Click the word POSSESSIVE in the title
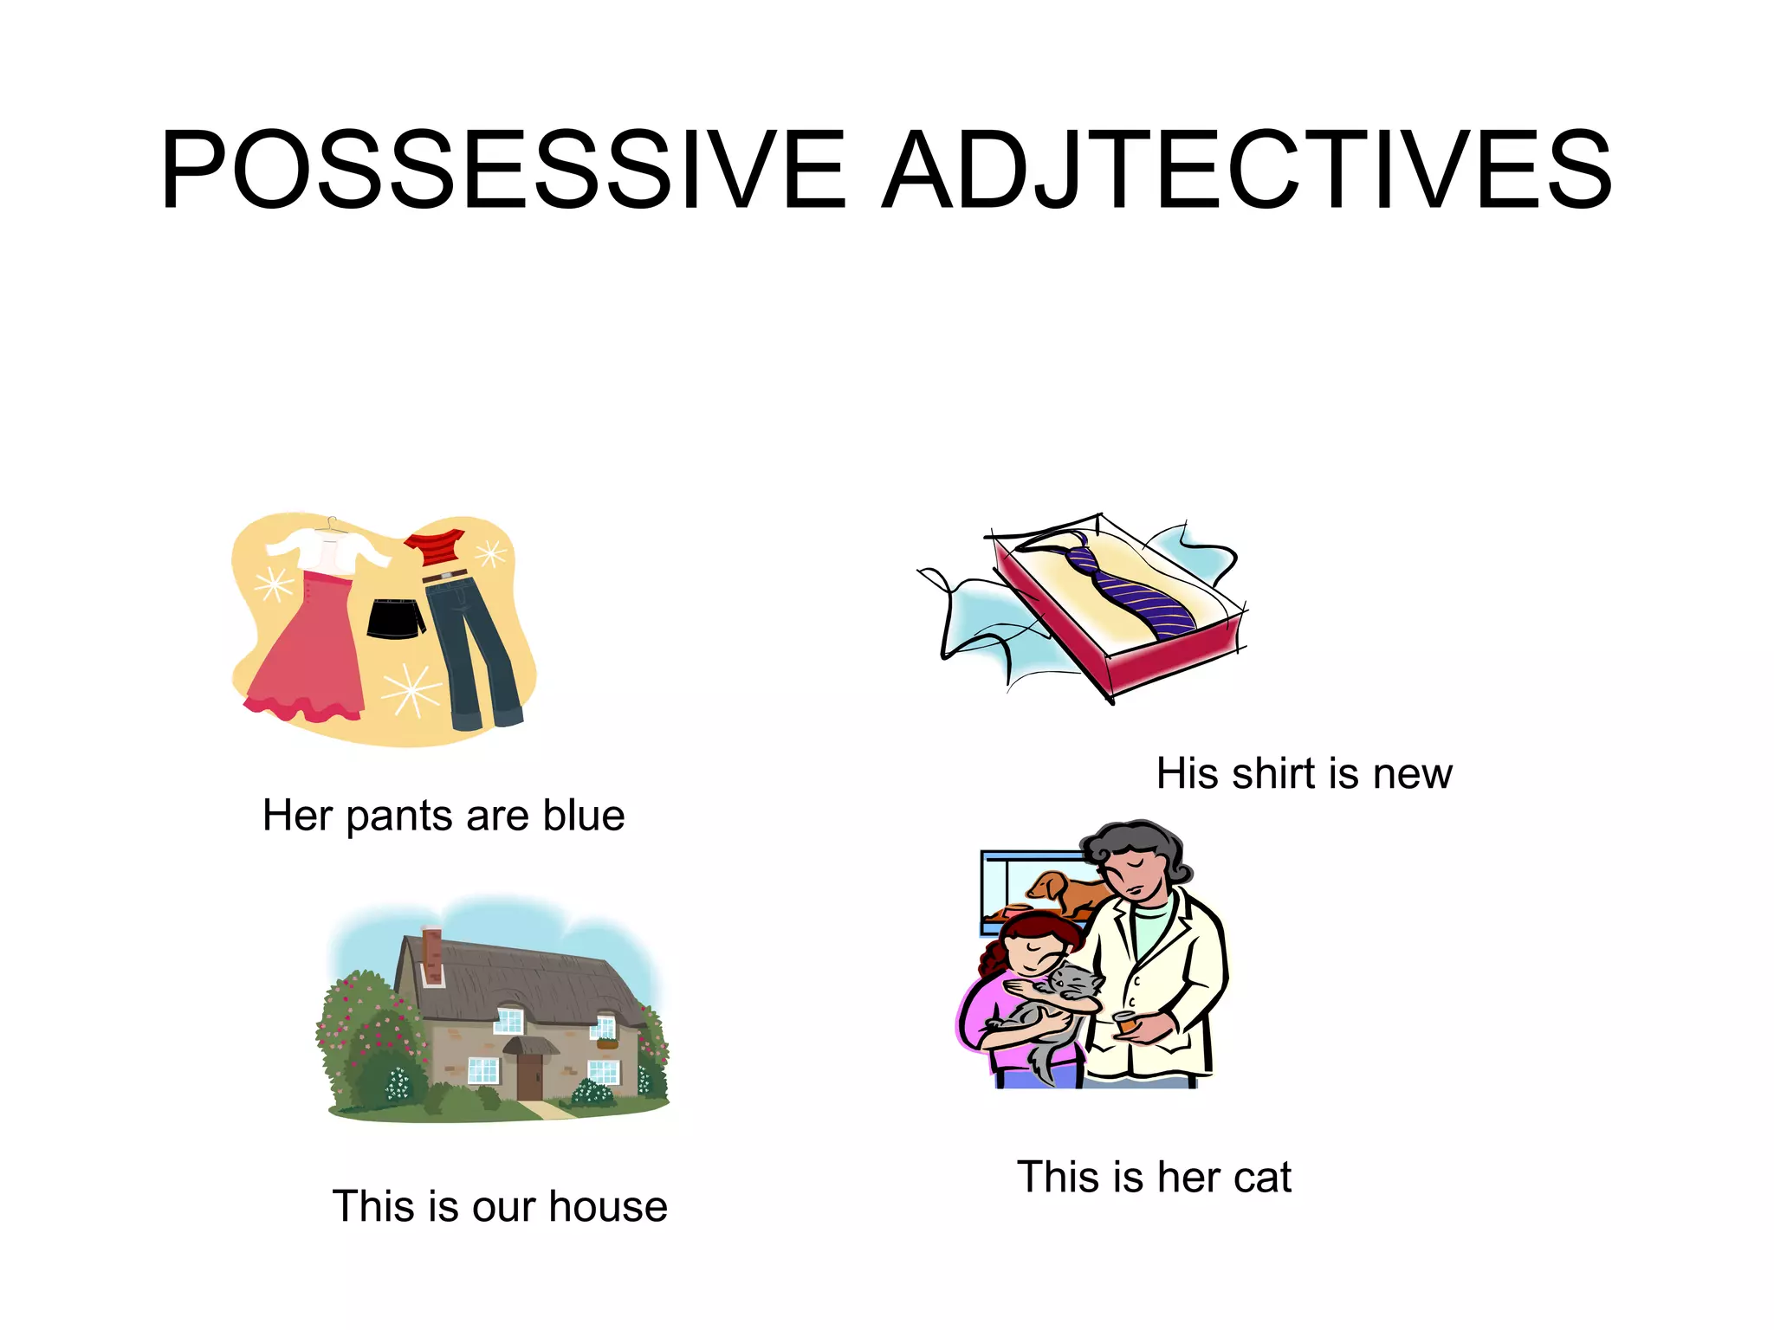[x=502, y=171]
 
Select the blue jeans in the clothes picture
[x=472, y=649]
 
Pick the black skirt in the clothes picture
[x=396, y=617]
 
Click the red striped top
[x=436, y=549]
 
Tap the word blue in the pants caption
[x=584, y=817]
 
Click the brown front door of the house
[x=528, y=1076]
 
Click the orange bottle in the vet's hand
[x=1125, y=1023]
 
